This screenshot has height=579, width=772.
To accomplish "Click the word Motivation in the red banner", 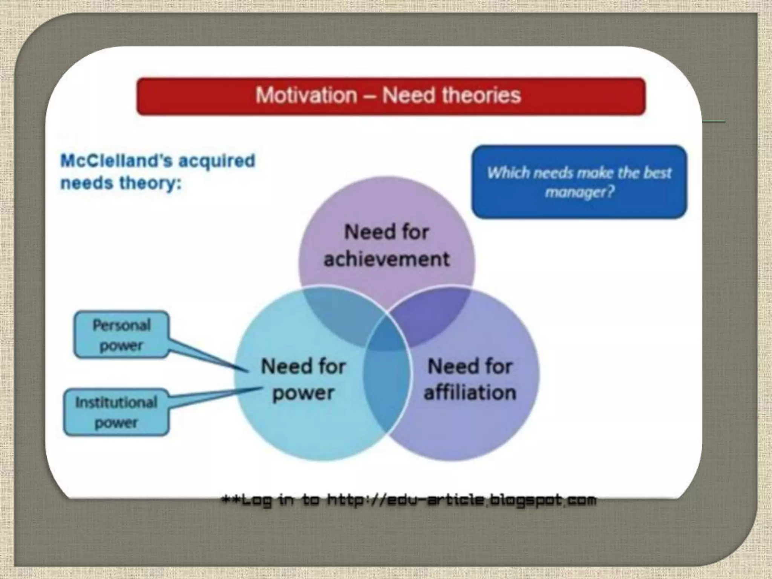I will pos(306,95).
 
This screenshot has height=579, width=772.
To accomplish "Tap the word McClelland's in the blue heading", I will pos(116,161).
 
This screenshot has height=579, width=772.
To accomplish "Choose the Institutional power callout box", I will pos(116,412).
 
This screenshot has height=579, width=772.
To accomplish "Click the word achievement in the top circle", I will pos(387,259).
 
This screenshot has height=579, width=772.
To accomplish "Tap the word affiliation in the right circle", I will pos(470,392).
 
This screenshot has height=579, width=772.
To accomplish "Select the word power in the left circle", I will pos(303,393).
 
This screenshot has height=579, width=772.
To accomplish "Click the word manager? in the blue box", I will pos(579,192).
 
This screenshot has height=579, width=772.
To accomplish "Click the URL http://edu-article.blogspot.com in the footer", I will pos(462,500).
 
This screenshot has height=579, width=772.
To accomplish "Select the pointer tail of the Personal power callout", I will pos(211,356).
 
